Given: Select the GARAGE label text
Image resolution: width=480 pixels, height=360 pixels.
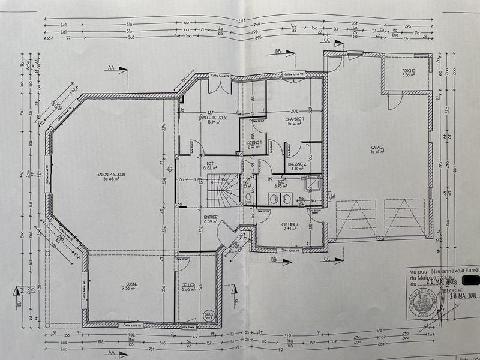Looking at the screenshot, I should coord(377,148).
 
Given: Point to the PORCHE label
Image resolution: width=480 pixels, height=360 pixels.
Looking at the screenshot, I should coord(409,71).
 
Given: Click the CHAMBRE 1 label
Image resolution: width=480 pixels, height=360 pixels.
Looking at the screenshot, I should coord(295,119).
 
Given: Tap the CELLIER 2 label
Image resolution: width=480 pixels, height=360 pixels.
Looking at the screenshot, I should coord(291,226).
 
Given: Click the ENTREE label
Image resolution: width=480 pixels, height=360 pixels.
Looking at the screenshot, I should coord(210,217).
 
